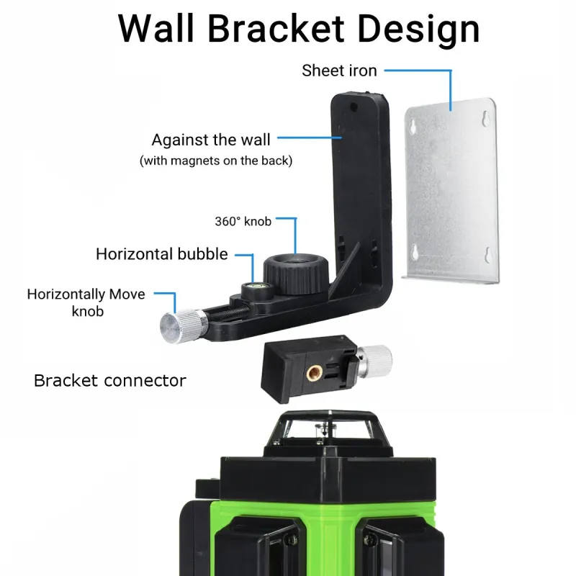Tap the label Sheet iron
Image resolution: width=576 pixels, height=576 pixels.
pos(339,71)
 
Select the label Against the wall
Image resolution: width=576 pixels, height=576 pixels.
pos(211,139)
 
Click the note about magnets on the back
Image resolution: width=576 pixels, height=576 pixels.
pos(216,161)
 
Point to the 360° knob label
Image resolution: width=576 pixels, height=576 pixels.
pos(243,221)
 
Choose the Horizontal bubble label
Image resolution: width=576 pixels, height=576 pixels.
pos(162,253)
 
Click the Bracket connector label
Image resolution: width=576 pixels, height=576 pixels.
pos(110,380)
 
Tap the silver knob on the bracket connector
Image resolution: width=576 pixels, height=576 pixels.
pos(375,357)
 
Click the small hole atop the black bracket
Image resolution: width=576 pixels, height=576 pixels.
pos(354,106)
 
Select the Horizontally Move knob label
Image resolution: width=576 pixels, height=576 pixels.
pos(86,302)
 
